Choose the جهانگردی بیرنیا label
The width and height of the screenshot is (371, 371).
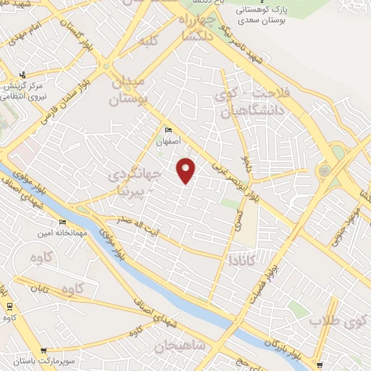click(134, 183)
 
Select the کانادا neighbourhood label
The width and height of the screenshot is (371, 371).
click(241, 259)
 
